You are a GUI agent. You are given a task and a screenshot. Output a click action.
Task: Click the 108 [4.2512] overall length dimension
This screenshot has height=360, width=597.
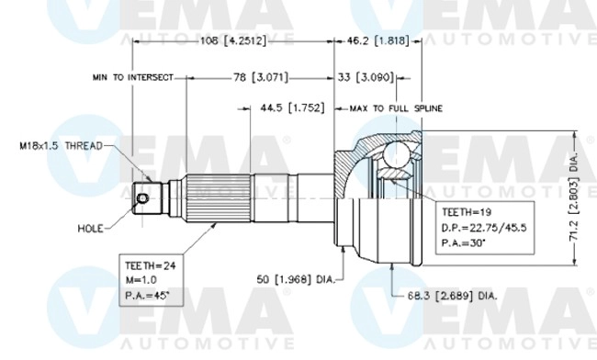pyautogui.click(x=233, y=41)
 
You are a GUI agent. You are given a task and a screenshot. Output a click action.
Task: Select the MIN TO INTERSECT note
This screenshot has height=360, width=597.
pyautogui.click(x=132, y=78)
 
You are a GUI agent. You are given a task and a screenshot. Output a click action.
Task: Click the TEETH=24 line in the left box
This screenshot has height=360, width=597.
pyautogui.click(x=148, y=265)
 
